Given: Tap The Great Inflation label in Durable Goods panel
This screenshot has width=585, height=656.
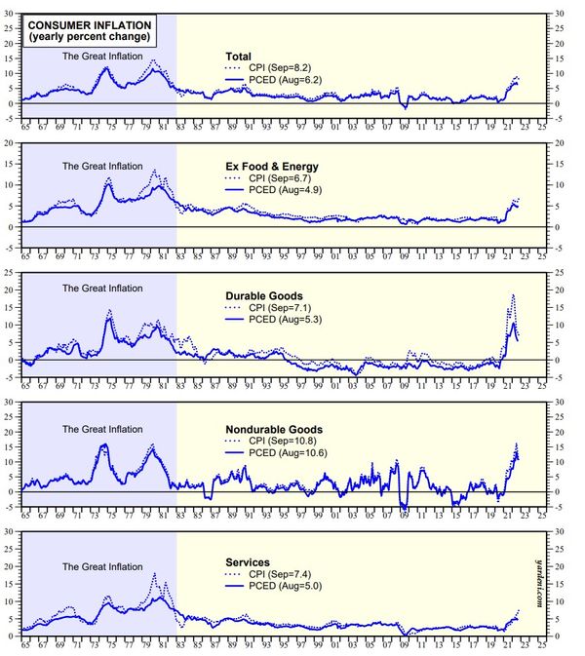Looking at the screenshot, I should (102, 289).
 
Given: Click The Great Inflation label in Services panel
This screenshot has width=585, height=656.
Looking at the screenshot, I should (102, 566).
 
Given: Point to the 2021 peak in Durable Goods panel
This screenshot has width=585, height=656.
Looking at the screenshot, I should (513, 295).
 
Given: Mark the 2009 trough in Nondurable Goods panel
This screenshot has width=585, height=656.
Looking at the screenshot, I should (404, 508).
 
